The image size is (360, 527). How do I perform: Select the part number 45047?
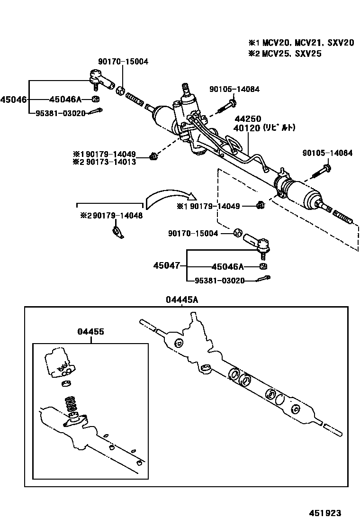click(x=166, y=266)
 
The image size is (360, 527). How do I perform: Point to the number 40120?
click(x=245, y=128)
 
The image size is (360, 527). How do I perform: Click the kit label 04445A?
click(x=182, y=300)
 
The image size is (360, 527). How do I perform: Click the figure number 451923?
click(x=325, y=513)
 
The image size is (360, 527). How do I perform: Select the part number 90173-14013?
click(x=113, y=162)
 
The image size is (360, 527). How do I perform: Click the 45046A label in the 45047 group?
click(x=228, y=266)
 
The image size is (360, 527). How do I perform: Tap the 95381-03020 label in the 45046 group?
click(x=61, y=113)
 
